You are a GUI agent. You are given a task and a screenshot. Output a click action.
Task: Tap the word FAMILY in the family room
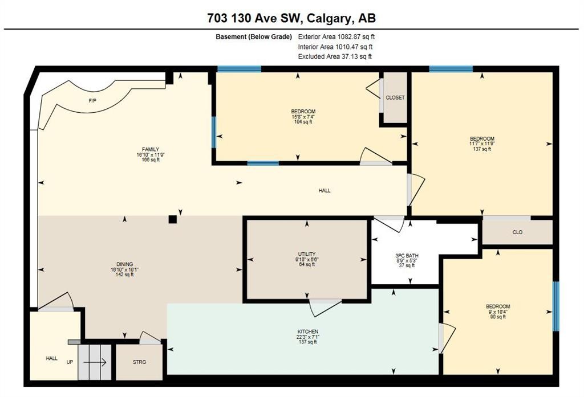pyautogui.click(x=151, y=149)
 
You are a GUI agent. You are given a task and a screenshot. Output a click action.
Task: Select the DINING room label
pyautogui.click(x=125, y=264)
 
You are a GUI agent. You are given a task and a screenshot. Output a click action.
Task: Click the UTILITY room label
pyautogui.click(x=307, y=254)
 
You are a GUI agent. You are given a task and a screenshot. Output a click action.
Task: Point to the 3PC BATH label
pyautogui.click(x=407, y=256)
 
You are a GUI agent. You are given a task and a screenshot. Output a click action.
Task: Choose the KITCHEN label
pyautogui.click(x=307, y=331)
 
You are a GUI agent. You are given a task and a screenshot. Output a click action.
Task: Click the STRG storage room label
pyautogui.click(x=139, y=362)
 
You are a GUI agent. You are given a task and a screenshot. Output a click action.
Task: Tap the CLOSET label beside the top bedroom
pyautogui.click(x=395, y=97)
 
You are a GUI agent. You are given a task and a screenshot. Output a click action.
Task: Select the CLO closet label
pyautogui.click(x=517, y=232)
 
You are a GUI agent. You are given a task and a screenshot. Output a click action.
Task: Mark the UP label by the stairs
pyautogui.click(x=69, y=362)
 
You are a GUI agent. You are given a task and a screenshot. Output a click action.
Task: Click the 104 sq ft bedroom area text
pyautogui.click(x=303, y=122)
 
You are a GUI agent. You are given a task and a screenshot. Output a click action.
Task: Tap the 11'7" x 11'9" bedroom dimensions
pyautogui.click(x=482, y=144)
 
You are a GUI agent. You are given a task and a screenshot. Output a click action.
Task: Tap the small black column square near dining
pyautogui.click(x=173, y=219)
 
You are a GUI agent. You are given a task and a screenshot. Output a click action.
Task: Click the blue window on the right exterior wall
pyautogui.click(x=556, y=306)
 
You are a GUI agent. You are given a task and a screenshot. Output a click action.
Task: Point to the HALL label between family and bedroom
pyautogui.click(x=325, y=190)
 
